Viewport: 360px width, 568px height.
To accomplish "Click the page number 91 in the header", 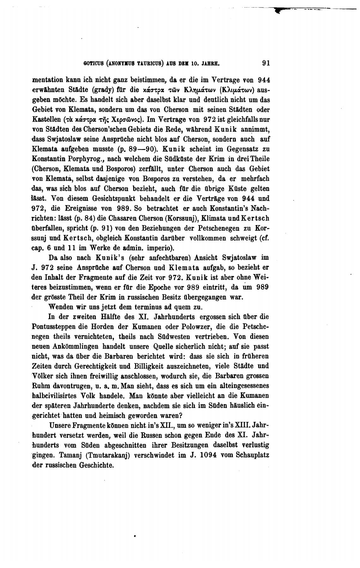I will (266, 63).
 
